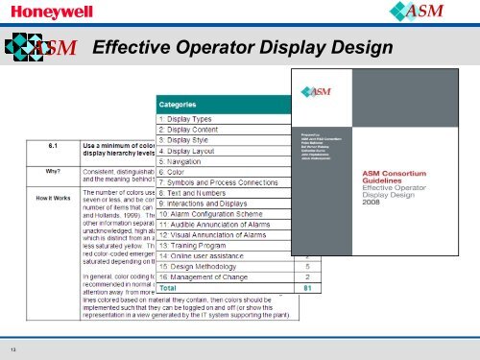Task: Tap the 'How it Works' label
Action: pyautogui.click(x=55, y=199)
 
